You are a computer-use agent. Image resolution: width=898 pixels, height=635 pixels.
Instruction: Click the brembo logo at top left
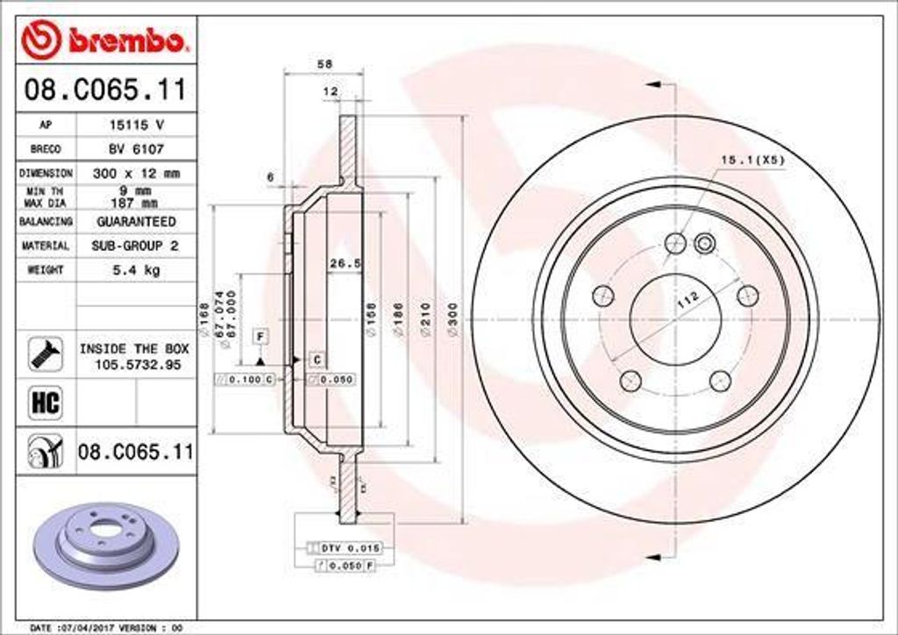[103, 39]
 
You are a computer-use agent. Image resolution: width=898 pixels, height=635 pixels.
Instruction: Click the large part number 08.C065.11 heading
[106, 89]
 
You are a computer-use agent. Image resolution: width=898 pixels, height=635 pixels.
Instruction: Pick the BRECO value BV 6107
[136, 149]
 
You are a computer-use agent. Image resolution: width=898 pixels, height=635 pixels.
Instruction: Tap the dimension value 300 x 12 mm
[136, 174]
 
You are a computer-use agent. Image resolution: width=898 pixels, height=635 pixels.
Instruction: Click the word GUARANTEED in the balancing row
[136, 222]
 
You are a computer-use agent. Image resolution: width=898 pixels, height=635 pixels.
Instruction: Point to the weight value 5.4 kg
[136, 270]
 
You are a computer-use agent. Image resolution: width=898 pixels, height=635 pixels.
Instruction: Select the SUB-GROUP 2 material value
[136, 246]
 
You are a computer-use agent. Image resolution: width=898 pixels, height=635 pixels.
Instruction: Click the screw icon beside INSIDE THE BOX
[45, 353]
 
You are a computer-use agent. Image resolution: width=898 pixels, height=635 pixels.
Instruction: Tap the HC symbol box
[45, 403]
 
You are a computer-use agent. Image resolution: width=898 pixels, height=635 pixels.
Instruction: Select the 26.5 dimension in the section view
[345, 262]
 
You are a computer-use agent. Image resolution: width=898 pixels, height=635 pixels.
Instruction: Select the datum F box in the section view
[260, 337]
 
